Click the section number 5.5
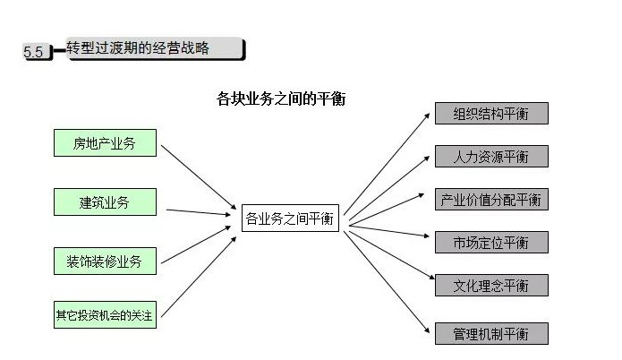[x=33, y=52]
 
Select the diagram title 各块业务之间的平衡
[x=281, y=99]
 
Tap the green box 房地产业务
[x=105, y=142]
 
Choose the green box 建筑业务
[x=105, y=202]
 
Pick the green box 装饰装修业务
[x=105, y=261]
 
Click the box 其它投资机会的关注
[x=105, y=315]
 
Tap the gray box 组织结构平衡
[x=491, y=114]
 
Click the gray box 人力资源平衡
[x=491, y=157]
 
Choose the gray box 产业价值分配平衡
[x=491, y=200]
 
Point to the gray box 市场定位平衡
[x=491, y=243]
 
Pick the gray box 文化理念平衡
[x=491, y=286]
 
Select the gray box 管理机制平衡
[x=491, y=334]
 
